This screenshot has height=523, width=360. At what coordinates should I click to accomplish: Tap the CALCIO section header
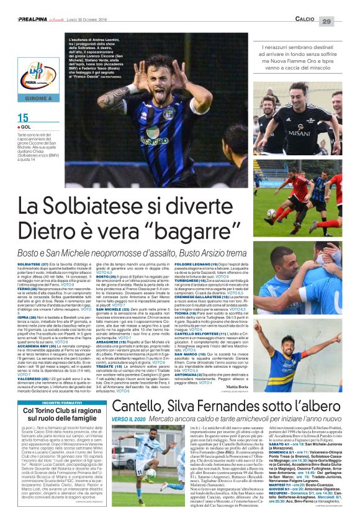click(x=304, y=21)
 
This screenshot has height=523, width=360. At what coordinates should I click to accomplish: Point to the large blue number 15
click(x=23, y=119)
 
